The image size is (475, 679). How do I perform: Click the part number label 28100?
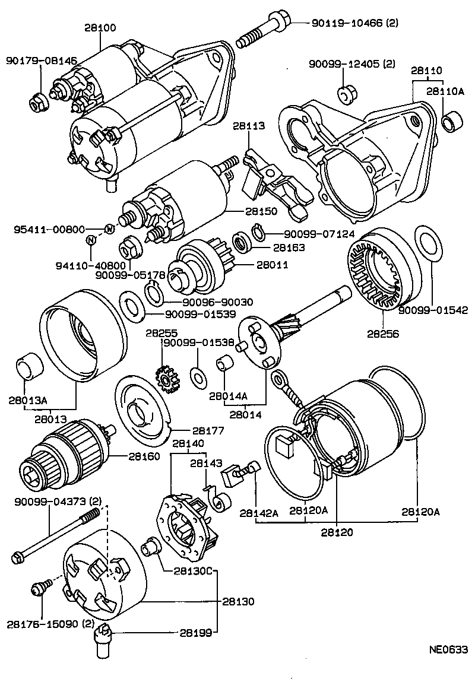coord(100,27)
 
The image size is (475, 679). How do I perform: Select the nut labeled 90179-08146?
coord(37,103)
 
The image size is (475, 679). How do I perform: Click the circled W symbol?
coord(109,229)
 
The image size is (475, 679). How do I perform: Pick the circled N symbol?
coord(90,240)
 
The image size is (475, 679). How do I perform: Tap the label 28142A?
coord(259,513)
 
